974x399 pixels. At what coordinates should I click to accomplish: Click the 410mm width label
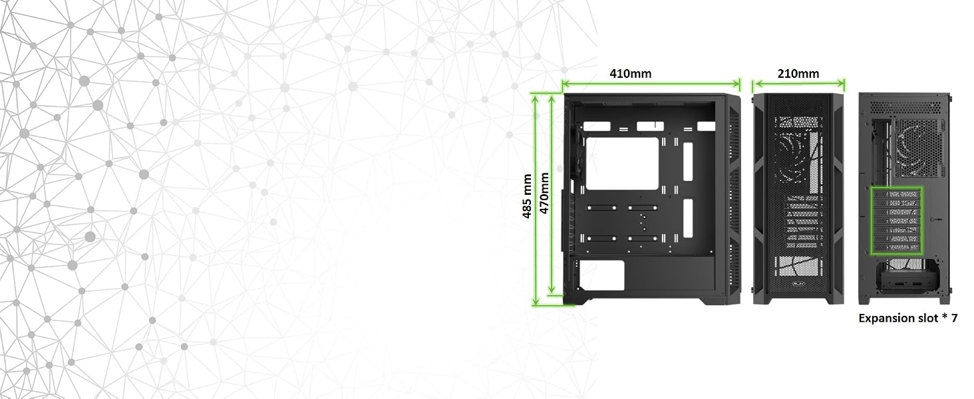630,73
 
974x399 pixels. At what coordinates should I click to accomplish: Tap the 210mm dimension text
798,73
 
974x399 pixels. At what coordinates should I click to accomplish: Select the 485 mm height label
526,196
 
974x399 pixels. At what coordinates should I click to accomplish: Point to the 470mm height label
544,193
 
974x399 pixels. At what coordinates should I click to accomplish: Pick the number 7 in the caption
954,318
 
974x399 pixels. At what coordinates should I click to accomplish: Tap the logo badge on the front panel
799,284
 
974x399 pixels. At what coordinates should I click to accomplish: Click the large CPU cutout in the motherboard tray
622,164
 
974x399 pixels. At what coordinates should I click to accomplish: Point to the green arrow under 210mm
799,84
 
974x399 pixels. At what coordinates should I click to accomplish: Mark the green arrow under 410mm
651,83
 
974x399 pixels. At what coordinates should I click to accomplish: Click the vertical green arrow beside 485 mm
536,200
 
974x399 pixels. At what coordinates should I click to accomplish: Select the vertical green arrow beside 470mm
552,194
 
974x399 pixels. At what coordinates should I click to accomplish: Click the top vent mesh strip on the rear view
903,106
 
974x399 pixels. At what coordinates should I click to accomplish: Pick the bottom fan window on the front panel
798,267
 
